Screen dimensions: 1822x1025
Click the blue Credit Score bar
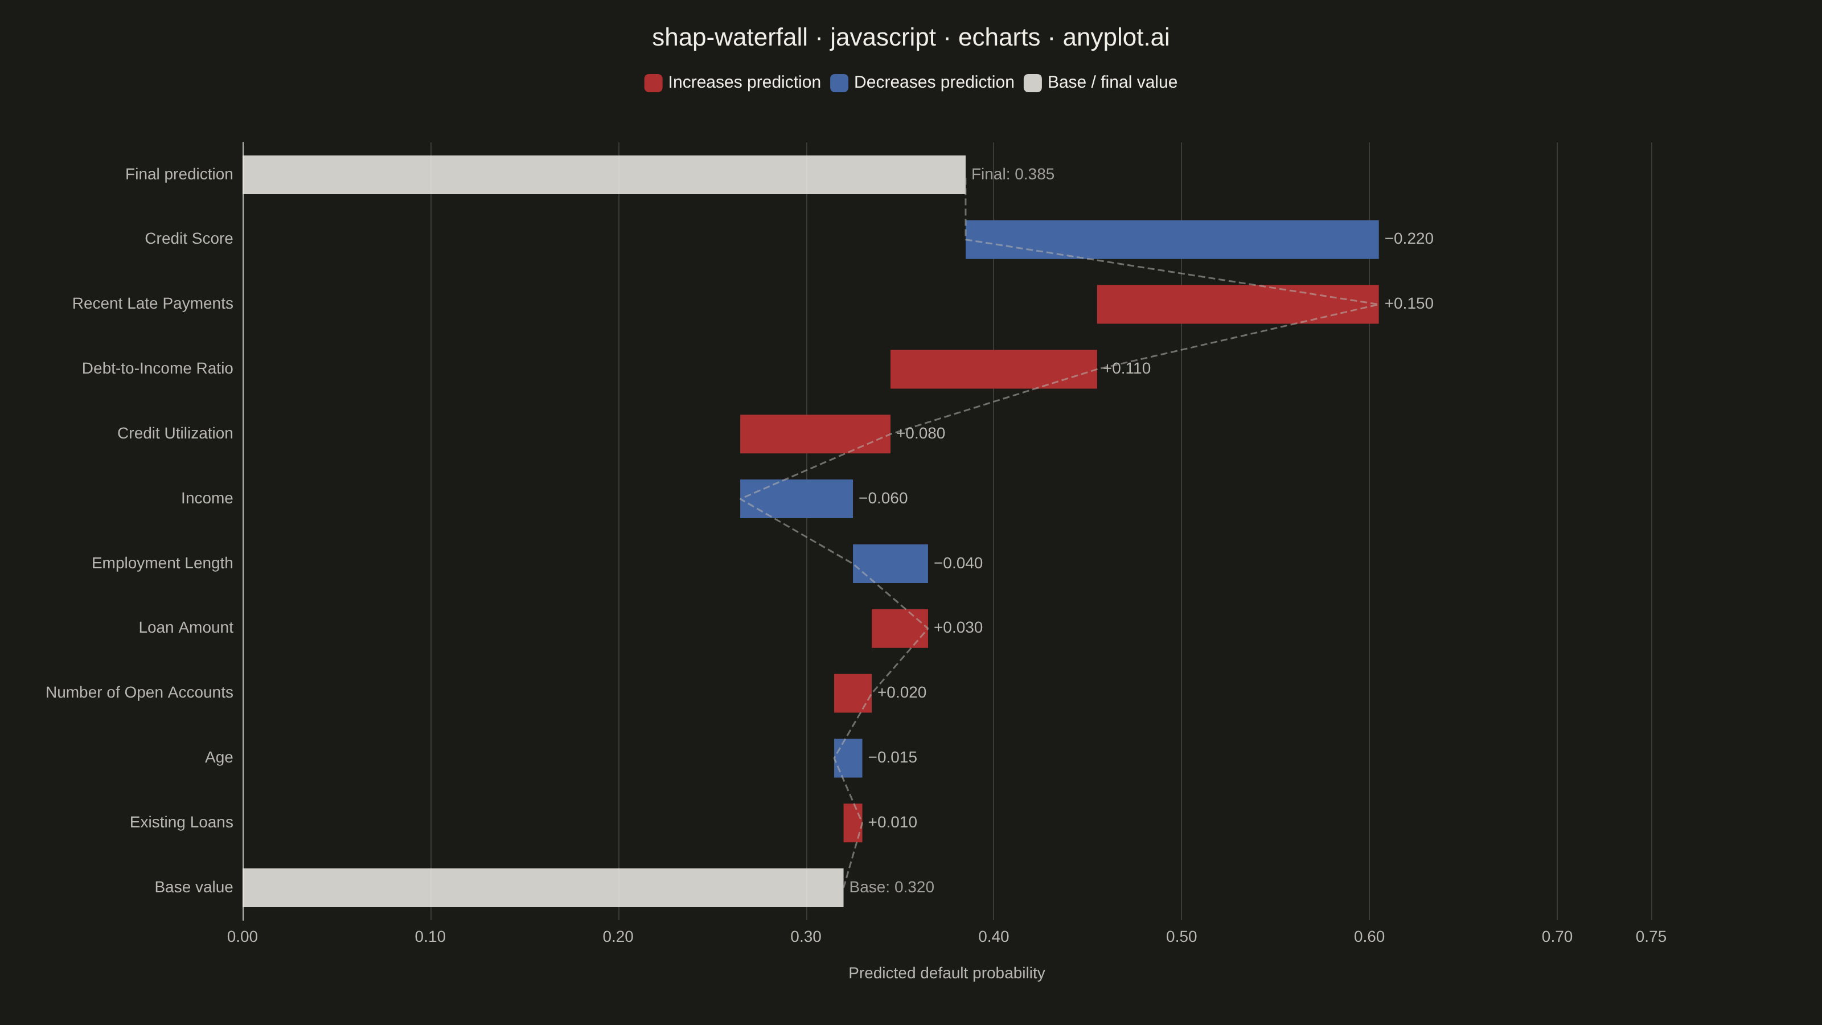[x=1172, y=239]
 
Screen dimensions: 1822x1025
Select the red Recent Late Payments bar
[x=1238, y=304]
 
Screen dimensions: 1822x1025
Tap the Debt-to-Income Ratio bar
[x=994, y=369]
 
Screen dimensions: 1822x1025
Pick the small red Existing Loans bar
[x=853, y=823]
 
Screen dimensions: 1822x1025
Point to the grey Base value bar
[x=543, y=888]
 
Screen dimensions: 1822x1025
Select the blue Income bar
[x=797, y=499]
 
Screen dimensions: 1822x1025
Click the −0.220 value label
[x=1409, y=239]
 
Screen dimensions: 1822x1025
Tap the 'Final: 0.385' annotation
[x=1013, y=174]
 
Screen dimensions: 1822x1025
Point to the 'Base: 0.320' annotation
[x=892, y=887]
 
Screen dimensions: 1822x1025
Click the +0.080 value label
[x=920, y=433]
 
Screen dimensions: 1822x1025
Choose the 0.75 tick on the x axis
[x=1651, y=937]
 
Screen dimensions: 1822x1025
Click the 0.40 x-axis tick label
[x=994, y=937]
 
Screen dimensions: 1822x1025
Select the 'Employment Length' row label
[x=162, y=563]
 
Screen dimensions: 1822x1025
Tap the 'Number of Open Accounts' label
[x=139, y=692]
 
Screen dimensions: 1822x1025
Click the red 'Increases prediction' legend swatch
[x=654, y=83]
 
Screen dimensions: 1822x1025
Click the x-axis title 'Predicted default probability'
[x=946, y=973]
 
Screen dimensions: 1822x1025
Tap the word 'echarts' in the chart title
[x=999, y=38]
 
